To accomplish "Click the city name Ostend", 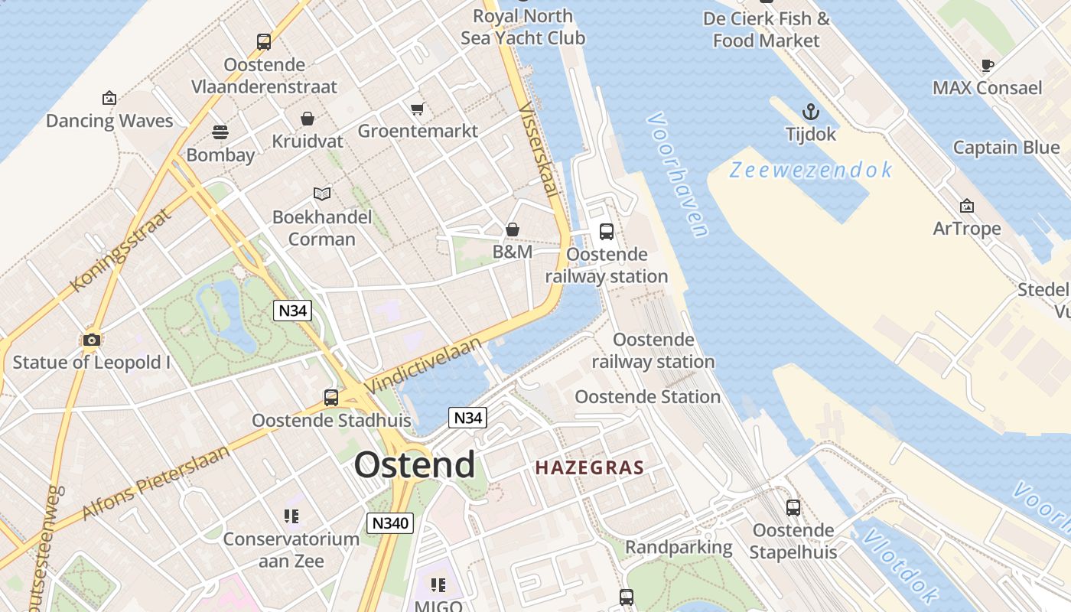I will click(415, 464).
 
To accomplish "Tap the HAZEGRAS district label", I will click(589, 467).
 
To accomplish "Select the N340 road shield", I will click(390, 523).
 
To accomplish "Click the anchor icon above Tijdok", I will click(811, 112).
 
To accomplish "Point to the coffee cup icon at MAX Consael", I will click(987, 65).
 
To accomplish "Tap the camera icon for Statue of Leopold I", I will click(92, 340).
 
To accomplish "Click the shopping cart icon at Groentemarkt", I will click(417, 109).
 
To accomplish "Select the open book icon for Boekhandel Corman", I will click(322, 194).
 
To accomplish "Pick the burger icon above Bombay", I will click(220, 132).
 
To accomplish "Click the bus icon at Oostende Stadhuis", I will click(331, 398).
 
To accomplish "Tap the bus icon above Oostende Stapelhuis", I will click(793, 507).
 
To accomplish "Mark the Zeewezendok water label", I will click(811, 170).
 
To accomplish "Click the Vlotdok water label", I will click(901, 565).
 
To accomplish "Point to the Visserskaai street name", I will click(540, 149).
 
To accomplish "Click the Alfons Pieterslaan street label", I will click(155, 482).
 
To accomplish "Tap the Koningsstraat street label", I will click(122, 249).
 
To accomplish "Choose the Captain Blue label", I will click(1006, 148).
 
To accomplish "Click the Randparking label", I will click(679, 548).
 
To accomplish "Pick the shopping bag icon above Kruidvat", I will click(308, 119).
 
